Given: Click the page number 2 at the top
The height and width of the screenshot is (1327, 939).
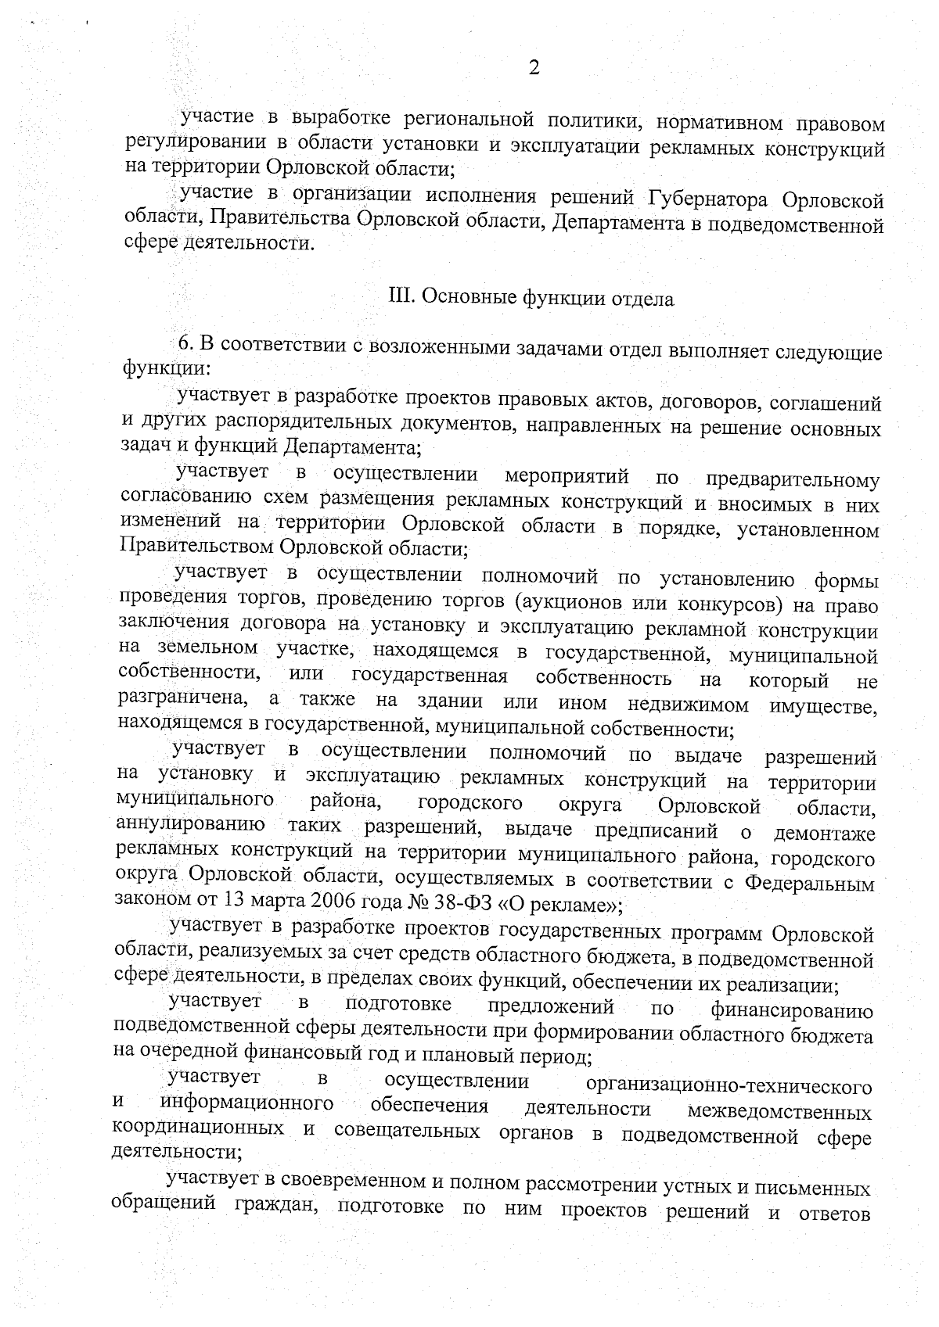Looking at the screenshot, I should (x=534, y=68).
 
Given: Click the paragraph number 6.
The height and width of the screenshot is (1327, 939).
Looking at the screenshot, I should (x=185, y=344).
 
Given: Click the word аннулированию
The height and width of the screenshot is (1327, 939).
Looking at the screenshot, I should (x=190, y=826).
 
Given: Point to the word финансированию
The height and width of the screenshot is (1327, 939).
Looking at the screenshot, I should (x=791, y=1010).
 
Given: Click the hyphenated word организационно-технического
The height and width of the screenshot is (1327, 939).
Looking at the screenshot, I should (x=729, y=1086).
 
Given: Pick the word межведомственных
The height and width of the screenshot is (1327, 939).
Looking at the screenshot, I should (x=779, y=1111).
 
